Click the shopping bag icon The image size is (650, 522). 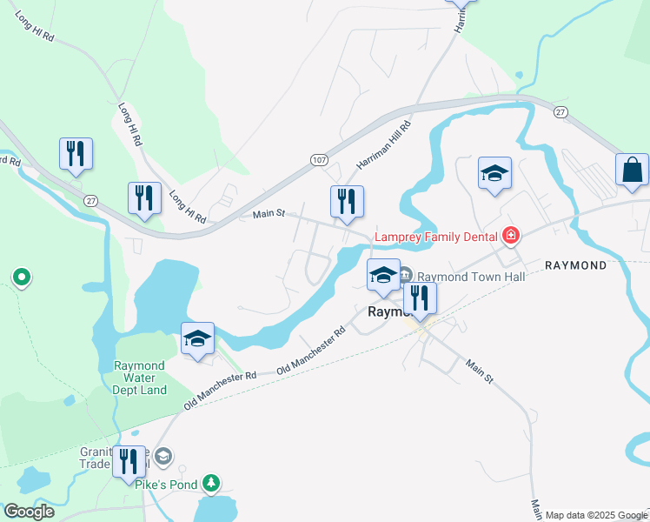coord(632,170)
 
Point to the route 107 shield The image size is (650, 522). coord(319,160)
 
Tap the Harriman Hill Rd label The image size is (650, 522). coord(383,145)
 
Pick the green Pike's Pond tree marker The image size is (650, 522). coord(209,482)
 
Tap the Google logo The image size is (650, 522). coord(29,511)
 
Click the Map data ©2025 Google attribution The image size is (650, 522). coord(596,515)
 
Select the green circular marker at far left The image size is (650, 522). coord(22,278)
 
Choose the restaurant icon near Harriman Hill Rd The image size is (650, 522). coord(348,201)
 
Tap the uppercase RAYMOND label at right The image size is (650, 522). coord(575,264)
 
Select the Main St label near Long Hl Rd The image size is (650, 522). coord(269,214)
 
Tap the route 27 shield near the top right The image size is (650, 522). coord(560,110)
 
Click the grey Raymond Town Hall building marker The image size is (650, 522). coord(406,277)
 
